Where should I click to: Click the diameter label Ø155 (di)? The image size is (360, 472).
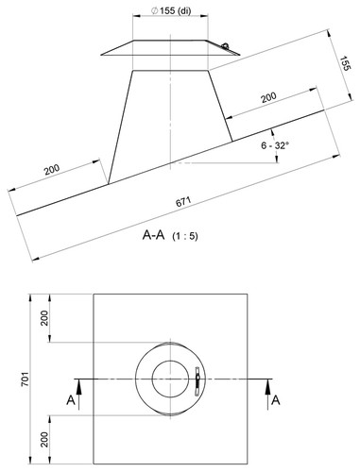171,10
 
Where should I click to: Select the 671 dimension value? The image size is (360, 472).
183,202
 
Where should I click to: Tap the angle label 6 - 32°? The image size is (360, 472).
275,145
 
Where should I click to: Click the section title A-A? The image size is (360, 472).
153,235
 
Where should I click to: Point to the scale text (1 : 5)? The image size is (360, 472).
185,236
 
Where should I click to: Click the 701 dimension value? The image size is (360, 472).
26,379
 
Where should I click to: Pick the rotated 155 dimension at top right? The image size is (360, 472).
345,63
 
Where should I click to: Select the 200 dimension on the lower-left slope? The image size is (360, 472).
52,169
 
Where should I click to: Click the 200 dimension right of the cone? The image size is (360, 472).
268,97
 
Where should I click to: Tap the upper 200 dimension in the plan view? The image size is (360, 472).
44,318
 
